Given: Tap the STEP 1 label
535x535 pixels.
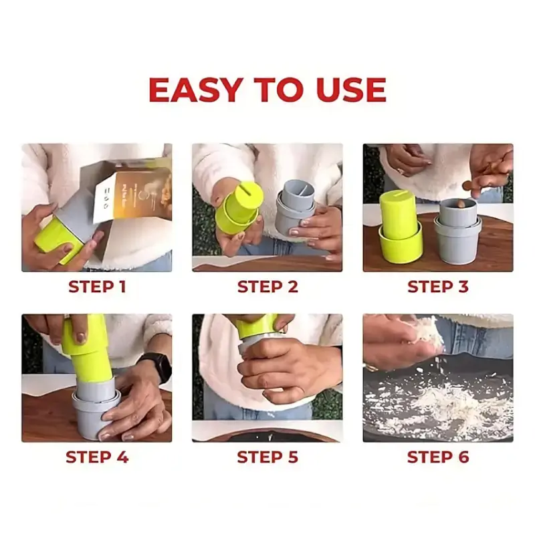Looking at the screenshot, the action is tap(97, 287).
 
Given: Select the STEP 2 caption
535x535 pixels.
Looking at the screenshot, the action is tap(267, 287).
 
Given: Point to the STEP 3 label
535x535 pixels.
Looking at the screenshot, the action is tap(438, 287).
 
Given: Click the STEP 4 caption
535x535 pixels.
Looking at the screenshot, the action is tap(97, 457).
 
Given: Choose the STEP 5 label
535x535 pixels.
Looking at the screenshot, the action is tap(267, 457).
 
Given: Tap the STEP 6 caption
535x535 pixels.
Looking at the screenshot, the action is tap(438, 457).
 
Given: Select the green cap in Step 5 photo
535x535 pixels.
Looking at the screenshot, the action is tap(257, 326).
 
